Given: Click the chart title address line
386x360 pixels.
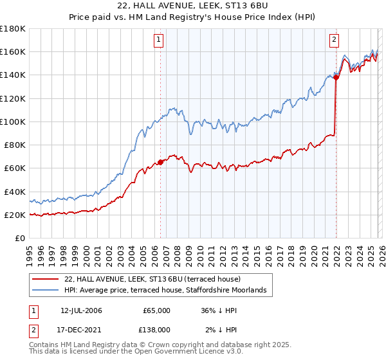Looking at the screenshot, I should pyautogui.click(x=193, y=6).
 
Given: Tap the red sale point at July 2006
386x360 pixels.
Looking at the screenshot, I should pyautogui.click(x=160, y=162).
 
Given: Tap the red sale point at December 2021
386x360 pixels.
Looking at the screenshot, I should pyautogui.click(x=336, y=76).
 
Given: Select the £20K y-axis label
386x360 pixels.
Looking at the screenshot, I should pyautogui.click(x=14, y=215).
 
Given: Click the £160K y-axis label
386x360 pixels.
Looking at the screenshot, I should pyautogui.click(x=13, y=51).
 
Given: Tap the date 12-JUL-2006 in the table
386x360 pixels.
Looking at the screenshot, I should pyautogui.click(x=80, y=310).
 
